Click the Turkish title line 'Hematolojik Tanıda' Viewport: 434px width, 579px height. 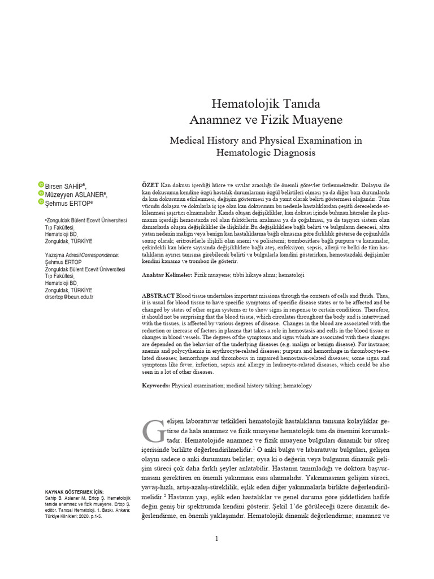coord(266,104)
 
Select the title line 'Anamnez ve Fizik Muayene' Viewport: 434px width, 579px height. coord(266,120)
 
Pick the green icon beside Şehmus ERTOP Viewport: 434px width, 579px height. coord(41,202)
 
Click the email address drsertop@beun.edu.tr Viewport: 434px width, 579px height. coord(69,297)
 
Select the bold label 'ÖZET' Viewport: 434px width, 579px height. coord(150,185)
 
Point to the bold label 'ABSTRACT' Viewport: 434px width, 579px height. coord(158,296)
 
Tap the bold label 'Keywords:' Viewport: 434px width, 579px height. coord(155,385)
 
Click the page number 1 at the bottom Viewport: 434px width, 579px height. coord(216,539)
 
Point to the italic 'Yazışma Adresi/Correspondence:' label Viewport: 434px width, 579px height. coord(81,256)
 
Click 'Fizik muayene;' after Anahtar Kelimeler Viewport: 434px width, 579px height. coord(213,274)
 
